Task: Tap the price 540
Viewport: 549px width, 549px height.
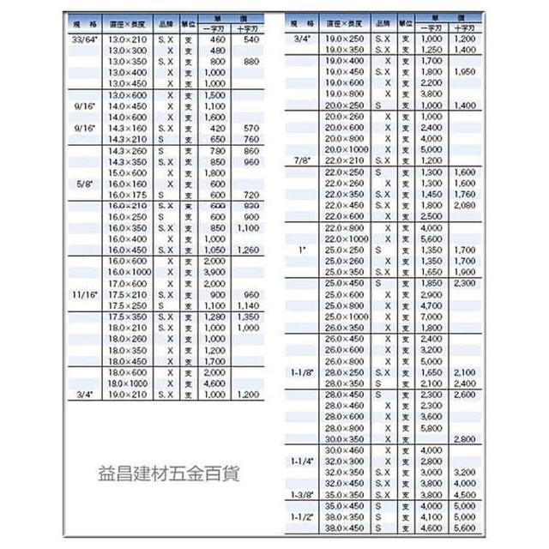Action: pyautogui.click(x=251, y=39)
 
